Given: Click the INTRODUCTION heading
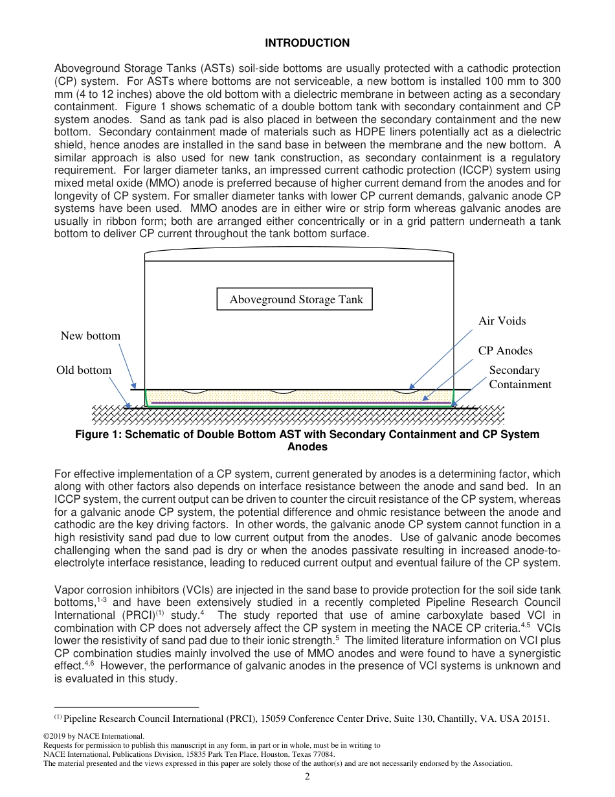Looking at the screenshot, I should tap(307, 43).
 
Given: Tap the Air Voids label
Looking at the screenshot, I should tap(502, 321).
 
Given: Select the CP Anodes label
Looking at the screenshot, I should tap(505, 351).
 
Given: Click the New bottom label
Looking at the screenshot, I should tap(90, 336).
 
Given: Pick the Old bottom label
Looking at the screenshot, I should tap(84, 370).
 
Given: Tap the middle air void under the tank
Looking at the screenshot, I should tap(282, 392).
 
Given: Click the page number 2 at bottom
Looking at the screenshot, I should tap(307, 777).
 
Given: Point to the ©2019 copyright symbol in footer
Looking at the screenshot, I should tap(46, 736).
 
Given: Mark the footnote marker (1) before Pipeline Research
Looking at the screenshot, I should tap(58, 717).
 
